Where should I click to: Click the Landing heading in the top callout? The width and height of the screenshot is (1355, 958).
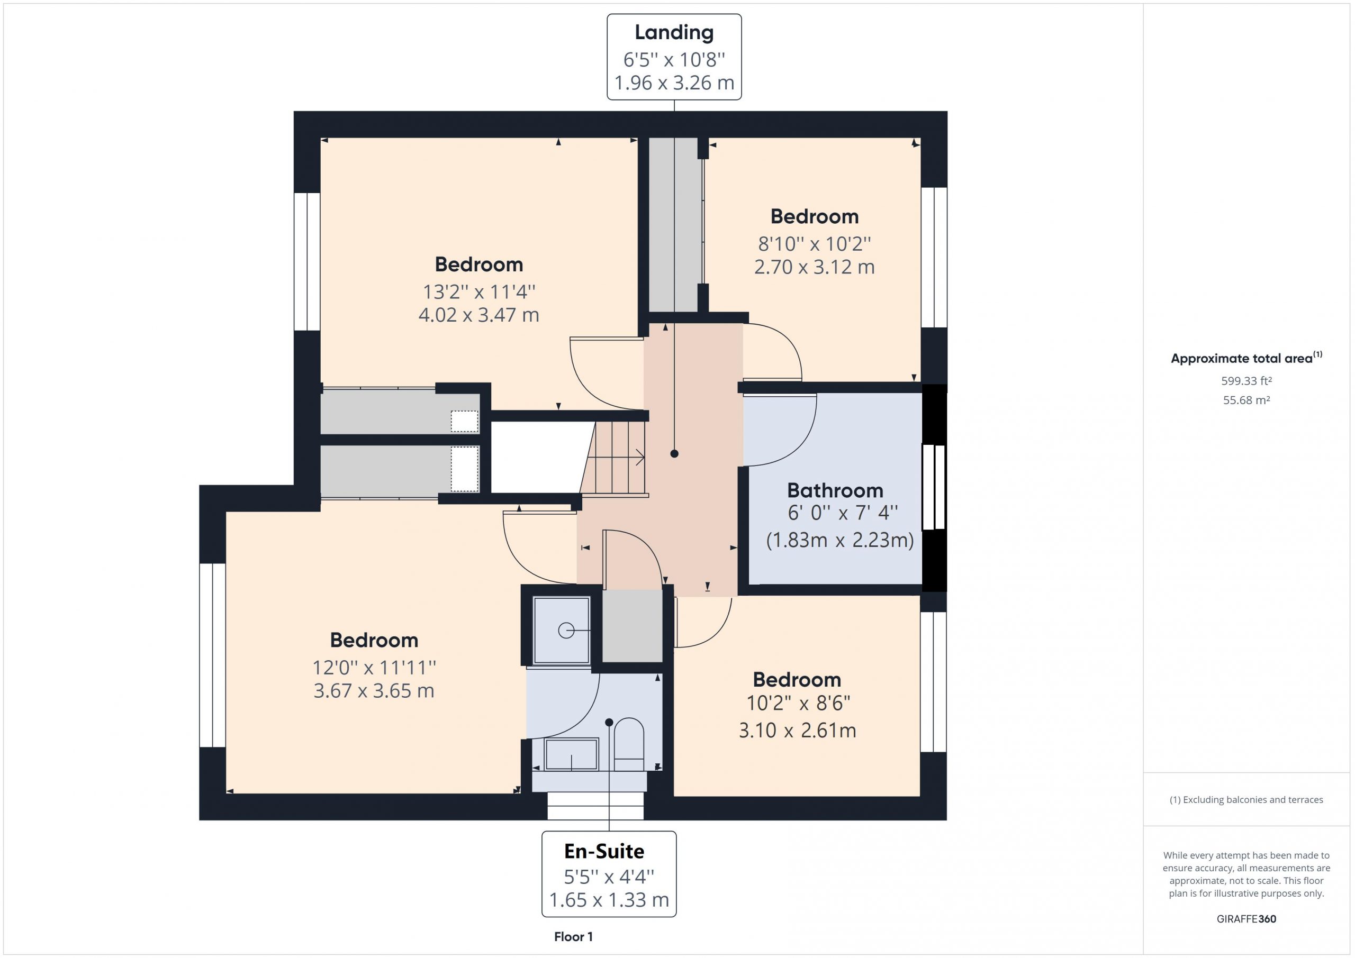tap(674, 33)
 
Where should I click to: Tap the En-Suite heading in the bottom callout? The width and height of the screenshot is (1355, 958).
tap(604, 851)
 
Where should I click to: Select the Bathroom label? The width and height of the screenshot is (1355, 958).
tap(835, 490)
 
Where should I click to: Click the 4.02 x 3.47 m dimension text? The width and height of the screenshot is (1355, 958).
tap(478, 315)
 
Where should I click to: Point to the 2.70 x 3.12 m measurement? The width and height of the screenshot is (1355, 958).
tap(815, 267)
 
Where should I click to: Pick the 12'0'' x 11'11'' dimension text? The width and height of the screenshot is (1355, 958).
tap(374, 667)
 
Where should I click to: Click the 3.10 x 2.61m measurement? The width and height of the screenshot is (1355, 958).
tap(797, 731)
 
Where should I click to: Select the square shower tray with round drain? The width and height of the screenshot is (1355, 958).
tap(561, 631)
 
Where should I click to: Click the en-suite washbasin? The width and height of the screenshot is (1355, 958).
tap(571, 754)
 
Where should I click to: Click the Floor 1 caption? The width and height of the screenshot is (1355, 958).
tap(573, 937)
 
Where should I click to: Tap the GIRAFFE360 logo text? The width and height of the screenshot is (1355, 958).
tap(1246, 919)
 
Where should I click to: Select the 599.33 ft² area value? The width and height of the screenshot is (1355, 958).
tap(1246, 381)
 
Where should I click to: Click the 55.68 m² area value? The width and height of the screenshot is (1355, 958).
tap(1246, 400)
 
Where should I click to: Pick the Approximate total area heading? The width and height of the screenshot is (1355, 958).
tap(1246, 358)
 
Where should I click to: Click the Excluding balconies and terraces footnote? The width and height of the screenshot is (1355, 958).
tap(1246, 800)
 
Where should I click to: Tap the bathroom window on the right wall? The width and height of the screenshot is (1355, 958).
tap(934, 487)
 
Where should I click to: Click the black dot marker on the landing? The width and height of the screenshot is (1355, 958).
tap(674, 454)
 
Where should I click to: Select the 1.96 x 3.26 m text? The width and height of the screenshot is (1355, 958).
tap(674, 83)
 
